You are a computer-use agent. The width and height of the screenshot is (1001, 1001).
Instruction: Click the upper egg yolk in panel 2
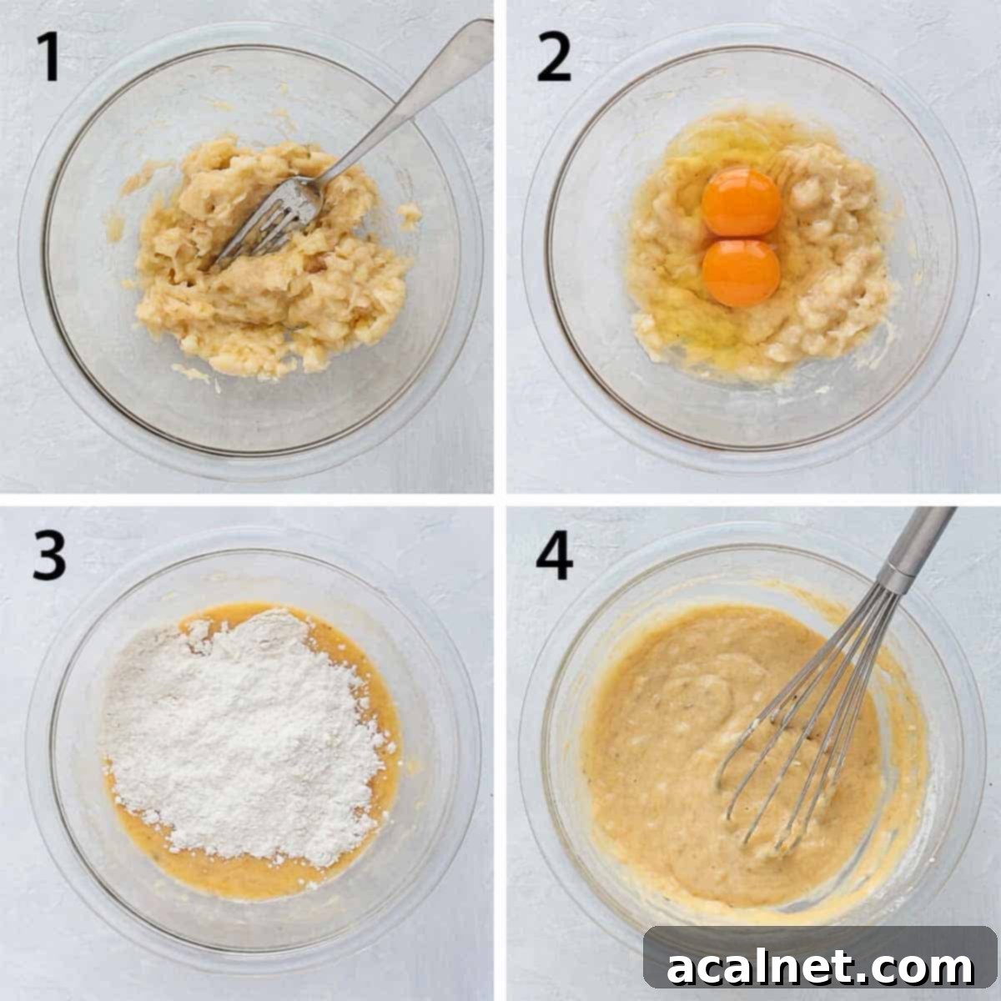pos(742,201)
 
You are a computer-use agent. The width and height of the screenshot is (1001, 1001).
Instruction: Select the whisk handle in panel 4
pos(922,542)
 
